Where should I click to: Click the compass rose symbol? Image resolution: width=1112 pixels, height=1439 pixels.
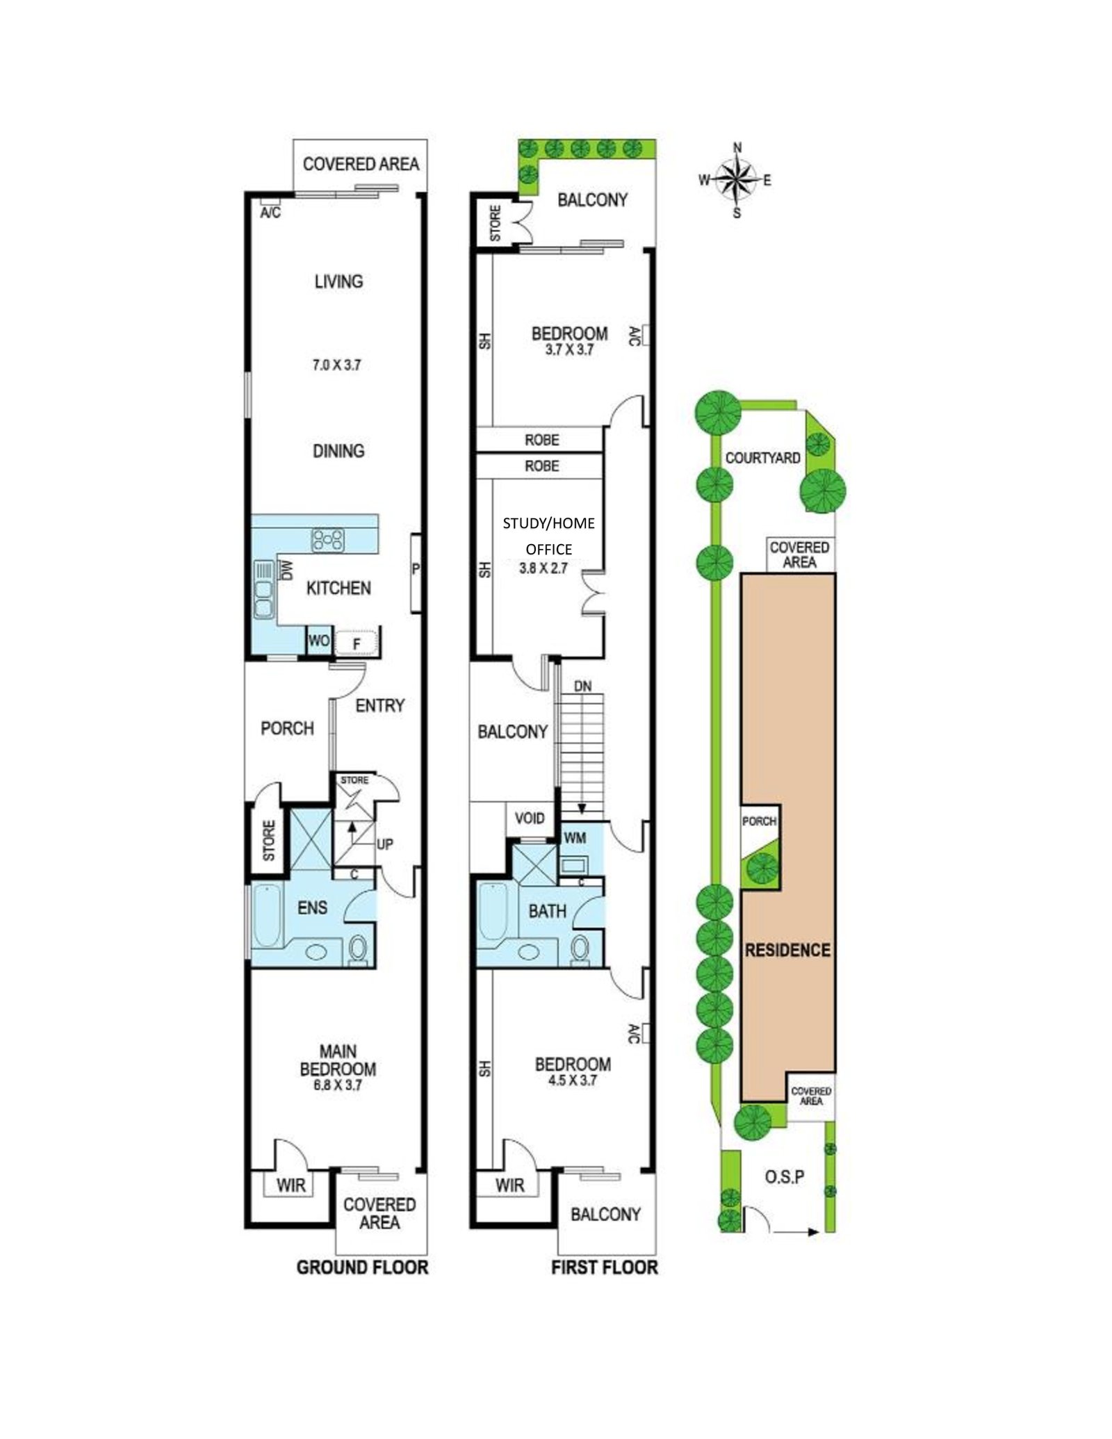[736, 180]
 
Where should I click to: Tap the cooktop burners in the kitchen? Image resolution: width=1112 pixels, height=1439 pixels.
[328, 540]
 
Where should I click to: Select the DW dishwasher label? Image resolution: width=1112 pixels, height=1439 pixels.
[286, 570]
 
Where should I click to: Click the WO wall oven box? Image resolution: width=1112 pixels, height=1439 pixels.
[318, 641]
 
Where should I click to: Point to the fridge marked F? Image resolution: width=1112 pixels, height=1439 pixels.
[357, 643]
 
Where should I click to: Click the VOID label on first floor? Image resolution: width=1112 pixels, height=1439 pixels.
[529, 818]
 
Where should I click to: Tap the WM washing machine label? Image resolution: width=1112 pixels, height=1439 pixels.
[575, 838]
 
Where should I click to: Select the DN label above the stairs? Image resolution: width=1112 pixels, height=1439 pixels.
[582, 686]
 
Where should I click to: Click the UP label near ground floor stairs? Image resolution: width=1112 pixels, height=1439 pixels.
[384, 844]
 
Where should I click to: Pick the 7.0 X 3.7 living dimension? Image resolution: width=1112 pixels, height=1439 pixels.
[336, 365]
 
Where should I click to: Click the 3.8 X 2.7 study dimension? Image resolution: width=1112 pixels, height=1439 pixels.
[543, 568]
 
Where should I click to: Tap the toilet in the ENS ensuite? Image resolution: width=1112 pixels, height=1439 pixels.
[359, 949]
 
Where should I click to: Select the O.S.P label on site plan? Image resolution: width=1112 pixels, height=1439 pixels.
[785, 1177]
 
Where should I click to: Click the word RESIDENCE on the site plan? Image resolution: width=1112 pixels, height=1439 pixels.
[787, 950]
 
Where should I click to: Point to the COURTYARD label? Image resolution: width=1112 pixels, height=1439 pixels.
[762, 458]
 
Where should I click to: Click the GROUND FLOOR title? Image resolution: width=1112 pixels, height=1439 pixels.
[362, 1267]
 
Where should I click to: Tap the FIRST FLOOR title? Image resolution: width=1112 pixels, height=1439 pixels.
[604, 1267]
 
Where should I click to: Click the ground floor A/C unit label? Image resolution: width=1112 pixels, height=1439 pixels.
[270, 213]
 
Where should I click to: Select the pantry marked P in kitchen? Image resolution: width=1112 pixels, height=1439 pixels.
[416, 569]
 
